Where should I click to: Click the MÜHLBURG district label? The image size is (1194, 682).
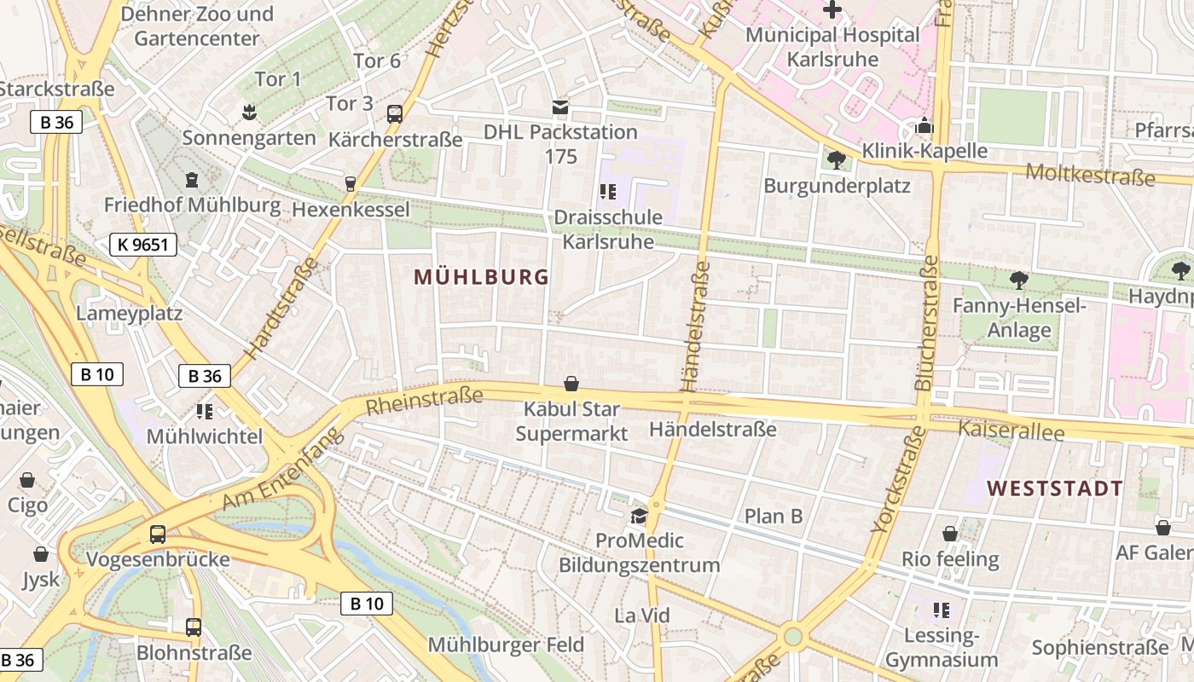(x=481, y=277)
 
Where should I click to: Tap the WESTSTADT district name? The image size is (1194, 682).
(x=1055, y=488)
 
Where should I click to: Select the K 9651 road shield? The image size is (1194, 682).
(x=143, y=246)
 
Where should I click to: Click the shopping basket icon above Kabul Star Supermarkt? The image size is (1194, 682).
(x=571, y=384)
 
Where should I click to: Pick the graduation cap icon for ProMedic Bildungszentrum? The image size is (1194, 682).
(x=638, y=516)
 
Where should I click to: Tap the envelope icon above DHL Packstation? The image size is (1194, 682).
(x=560, y=107)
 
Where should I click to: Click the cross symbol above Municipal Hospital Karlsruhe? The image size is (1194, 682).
(x=832, y=10)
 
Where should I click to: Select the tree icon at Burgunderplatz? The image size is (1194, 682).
(x=837, y=160)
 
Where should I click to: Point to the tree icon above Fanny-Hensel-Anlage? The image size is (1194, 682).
(x=1018, y=280)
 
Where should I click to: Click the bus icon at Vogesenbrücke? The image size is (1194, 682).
(x=158, y=535)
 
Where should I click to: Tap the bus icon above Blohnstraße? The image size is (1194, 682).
(x=194, y=627)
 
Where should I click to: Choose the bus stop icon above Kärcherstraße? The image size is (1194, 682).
(x=395, y=114)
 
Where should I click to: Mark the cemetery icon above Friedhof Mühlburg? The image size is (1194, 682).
(x=192, y=180)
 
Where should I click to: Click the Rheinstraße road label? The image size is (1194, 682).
(x=424, y=401)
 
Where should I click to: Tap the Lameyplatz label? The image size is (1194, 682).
(x=129, y=313)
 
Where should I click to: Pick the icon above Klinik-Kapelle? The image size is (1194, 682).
(x=924, y=127)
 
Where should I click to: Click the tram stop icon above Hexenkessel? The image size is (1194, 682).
(x=350, y=184)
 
